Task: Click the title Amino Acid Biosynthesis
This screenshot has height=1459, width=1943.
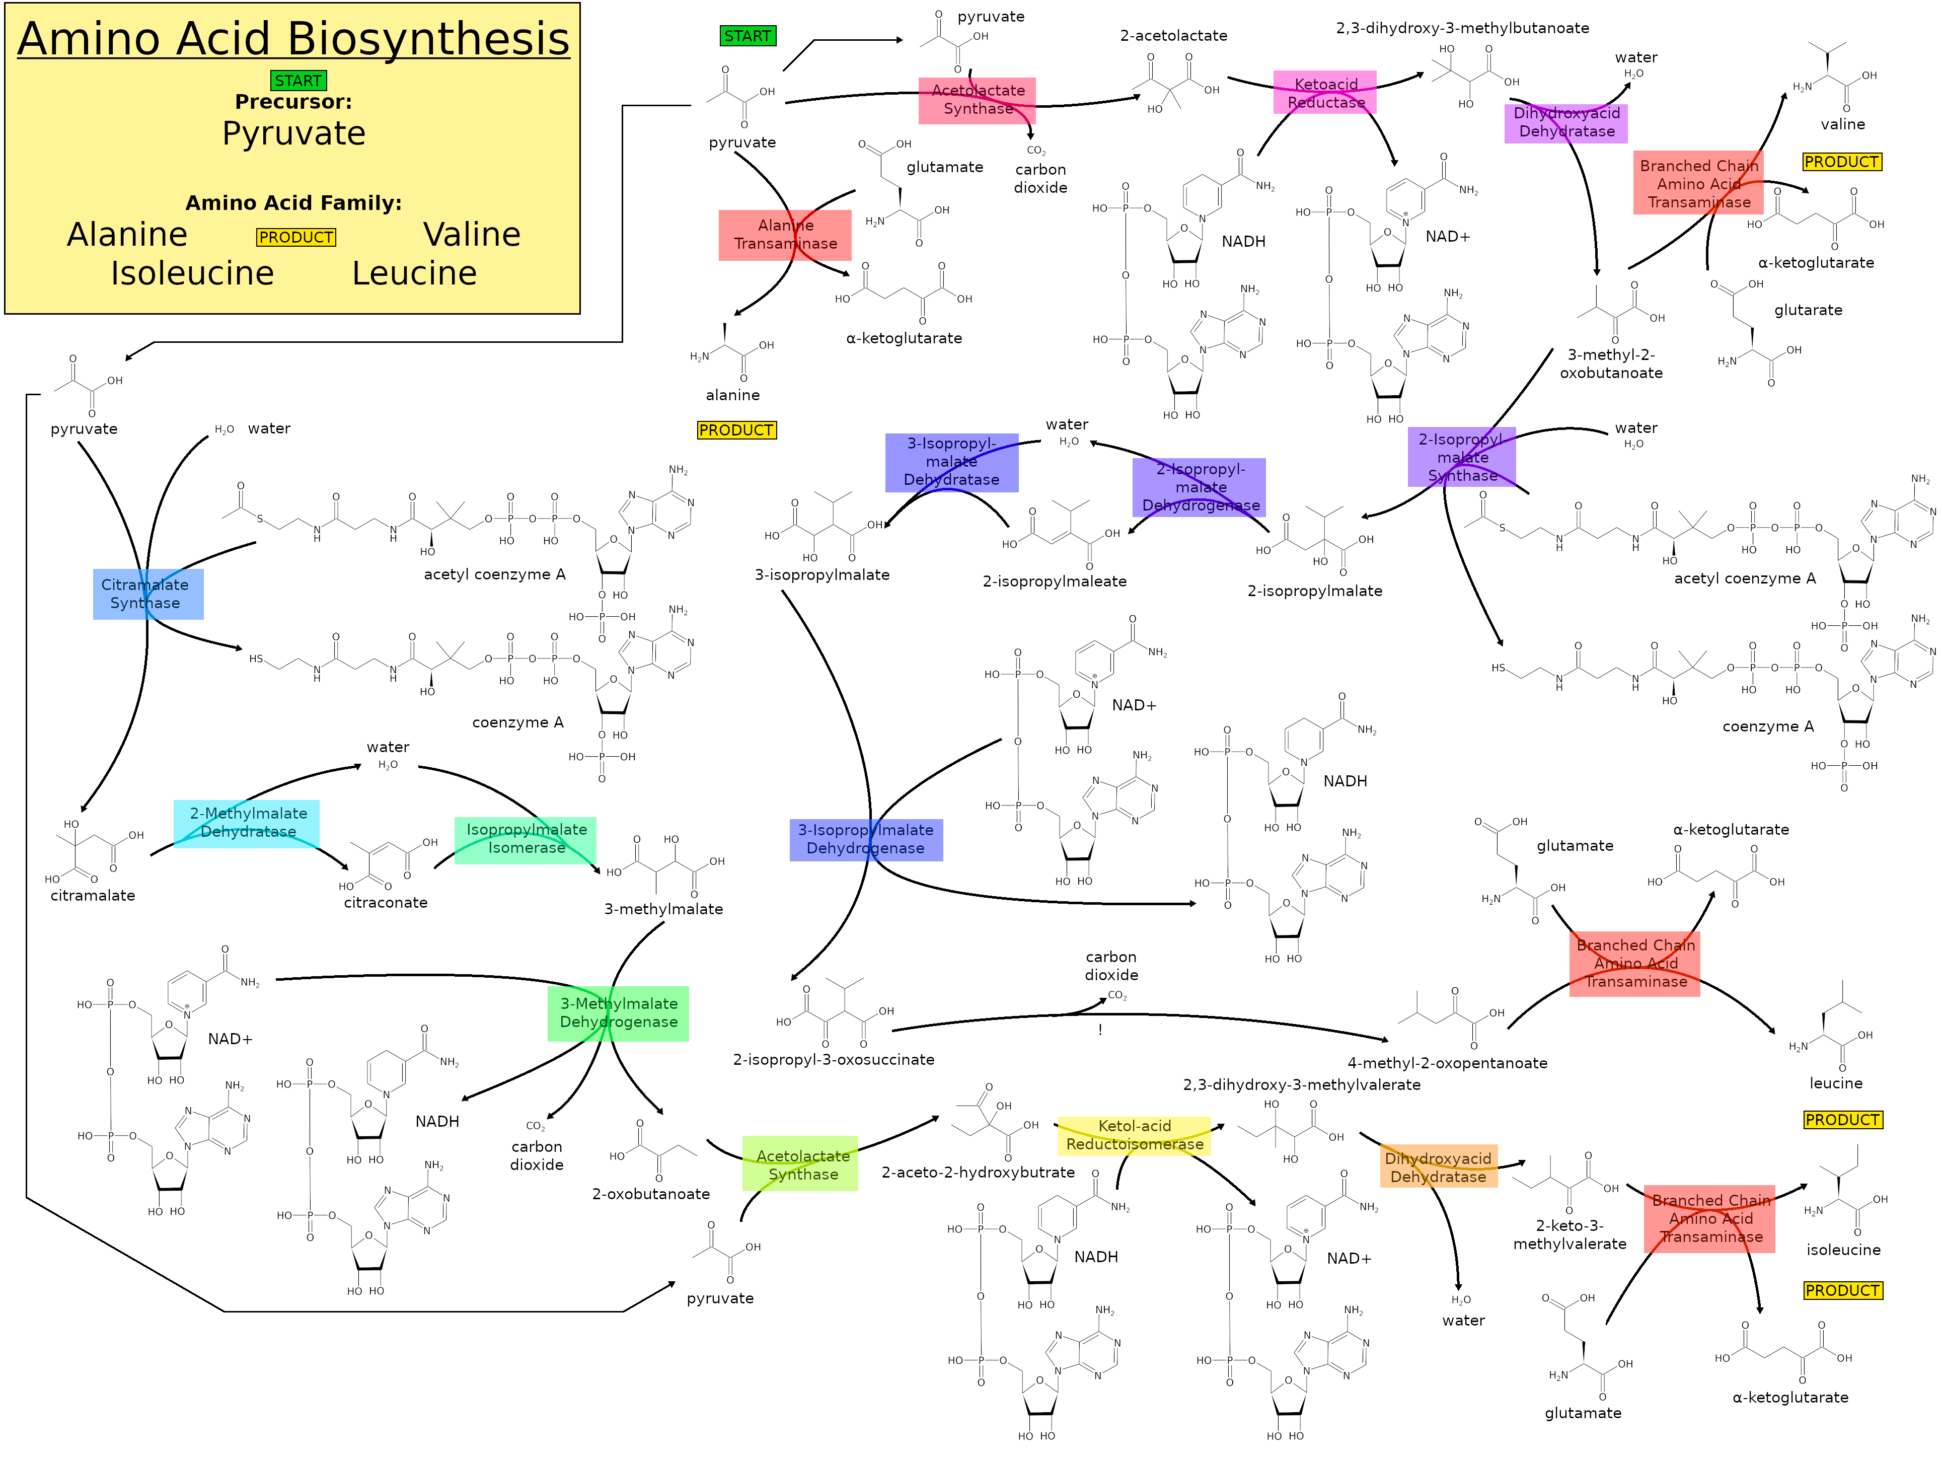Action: tap(293, 40)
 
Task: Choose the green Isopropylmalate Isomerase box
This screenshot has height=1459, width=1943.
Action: tap(526, 839)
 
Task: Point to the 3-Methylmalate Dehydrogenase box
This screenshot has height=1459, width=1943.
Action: tap(618, 1013)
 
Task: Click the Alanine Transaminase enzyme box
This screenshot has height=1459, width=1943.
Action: tap(785, 235)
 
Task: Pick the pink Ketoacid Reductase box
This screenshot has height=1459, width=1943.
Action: tap(1325, 93)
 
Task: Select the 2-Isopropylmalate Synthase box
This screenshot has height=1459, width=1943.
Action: tap(1462, 457)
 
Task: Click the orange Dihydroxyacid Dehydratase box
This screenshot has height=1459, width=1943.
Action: tap(1438, 1168)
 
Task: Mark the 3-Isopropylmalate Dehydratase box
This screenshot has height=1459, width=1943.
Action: tap(951, 462)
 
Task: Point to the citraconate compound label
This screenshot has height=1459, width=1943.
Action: tap(386, 902)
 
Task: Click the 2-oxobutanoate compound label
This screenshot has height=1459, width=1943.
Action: tap(651, 1194)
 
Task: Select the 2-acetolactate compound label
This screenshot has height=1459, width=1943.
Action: tap(1173, 36)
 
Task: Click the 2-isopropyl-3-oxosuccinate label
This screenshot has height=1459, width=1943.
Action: tap(834, 1059)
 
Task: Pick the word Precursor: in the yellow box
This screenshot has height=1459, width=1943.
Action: tap(293, 102)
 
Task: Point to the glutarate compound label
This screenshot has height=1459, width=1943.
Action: tap(1808, 310)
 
